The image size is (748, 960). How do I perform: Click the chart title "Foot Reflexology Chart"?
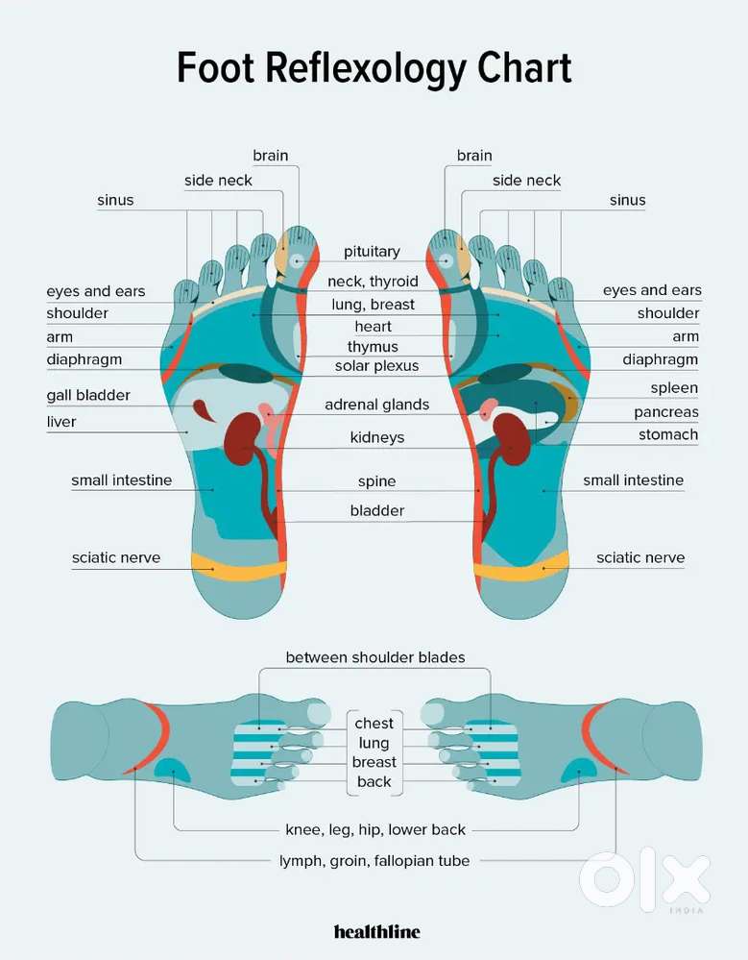[374, 67]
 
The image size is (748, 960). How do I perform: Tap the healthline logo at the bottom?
[376, 932]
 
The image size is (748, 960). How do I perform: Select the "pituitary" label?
[372, 252]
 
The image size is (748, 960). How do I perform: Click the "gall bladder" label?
[88, 396]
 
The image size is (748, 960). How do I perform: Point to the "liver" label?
[61, 422]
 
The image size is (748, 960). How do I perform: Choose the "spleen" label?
[674, 388]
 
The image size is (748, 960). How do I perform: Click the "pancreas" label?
[666, 412]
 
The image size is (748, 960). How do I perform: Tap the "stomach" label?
[668, 434]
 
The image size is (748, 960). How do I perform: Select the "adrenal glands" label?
[376, 405]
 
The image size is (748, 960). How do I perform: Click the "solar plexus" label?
[376, 366]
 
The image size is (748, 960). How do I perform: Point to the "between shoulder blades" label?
[375, 657]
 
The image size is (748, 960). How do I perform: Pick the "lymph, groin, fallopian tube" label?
[374, 861]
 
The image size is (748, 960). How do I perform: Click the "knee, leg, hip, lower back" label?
[375, 830]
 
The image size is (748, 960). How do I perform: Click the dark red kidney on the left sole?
[242, 439]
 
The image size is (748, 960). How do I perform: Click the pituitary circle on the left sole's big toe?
[298, 260]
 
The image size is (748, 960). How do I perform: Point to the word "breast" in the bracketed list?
[374, 762]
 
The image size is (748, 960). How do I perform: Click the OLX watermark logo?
[645, 879]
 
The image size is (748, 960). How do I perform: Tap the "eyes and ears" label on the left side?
[95, 291]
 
